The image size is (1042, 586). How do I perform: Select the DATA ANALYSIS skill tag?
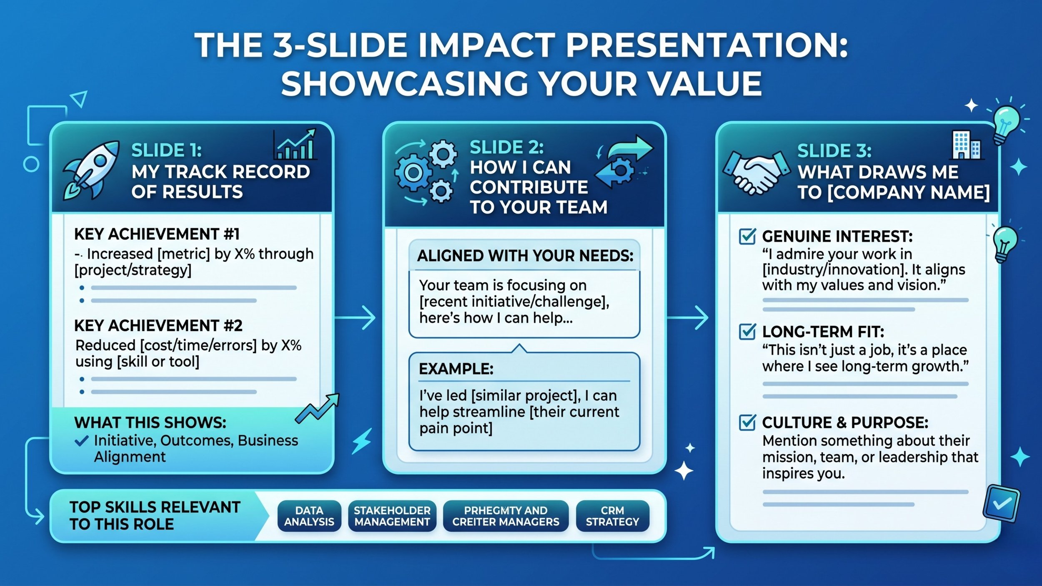309,516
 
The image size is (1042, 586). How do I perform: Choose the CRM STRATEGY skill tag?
612,516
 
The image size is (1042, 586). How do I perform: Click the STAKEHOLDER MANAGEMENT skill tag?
392,516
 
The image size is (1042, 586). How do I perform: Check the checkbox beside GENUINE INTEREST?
747,236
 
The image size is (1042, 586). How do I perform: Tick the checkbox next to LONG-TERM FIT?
747,332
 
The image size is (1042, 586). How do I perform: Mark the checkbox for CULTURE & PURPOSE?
747,423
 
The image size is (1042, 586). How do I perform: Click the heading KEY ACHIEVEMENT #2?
158,326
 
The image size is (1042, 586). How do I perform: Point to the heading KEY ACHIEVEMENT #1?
157,234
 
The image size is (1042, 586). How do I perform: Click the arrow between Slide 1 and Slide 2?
355,318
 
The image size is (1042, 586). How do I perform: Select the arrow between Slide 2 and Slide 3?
688,318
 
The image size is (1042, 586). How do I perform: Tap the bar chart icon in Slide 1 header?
295,144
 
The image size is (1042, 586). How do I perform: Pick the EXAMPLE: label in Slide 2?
456,369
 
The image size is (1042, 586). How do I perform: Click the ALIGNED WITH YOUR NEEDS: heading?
525,256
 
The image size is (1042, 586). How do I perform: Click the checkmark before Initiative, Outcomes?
81,441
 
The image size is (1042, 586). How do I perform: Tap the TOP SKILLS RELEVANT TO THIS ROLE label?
155,516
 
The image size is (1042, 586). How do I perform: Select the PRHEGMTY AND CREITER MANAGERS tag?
506,516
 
